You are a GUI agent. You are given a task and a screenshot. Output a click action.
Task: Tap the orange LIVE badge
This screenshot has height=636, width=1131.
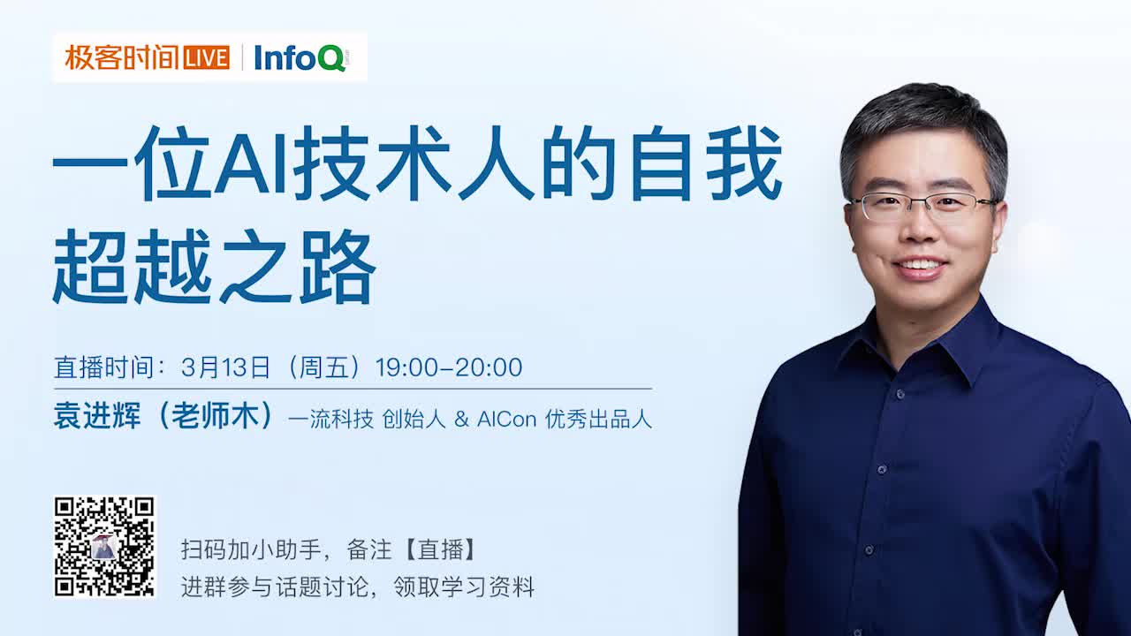[207, 58]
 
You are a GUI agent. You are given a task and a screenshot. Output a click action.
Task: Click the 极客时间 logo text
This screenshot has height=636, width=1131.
[122, 58]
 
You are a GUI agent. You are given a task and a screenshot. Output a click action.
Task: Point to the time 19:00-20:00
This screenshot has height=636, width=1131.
[449, 367]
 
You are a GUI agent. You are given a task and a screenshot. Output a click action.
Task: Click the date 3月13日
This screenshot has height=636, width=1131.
[225, 367]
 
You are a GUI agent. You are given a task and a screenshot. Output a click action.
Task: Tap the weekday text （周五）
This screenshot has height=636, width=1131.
[324, 367]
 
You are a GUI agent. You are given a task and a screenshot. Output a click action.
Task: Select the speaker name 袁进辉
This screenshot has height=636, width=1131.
[97, 417]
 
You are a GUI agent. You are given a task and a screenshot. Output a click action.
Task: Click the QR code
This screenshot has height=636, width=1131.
[104, 547]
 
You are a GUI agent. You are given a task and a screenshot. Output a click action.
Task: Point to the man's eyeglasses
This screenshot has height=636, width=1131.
[923, 206]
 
